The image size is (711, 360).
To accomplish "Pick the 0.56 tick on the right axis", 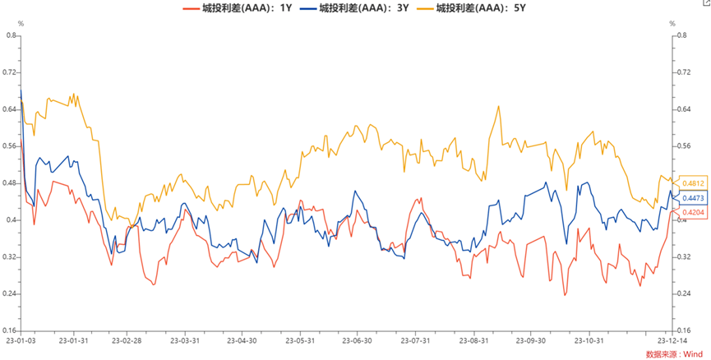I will [x=681, y=146].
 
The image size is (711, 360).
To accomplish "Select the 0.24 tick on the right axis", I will [x=681, y=293].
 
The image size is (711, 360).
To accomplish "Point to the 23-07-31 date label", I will [x=417, y=340].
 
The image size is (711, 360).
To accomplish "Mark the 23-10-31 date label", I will [x=589, y=340].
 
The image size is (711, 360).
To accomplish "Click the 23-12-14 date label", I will [x=672, y=340].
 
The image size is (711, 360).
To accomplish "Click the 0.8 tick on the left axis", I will [x=12, y=35].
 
